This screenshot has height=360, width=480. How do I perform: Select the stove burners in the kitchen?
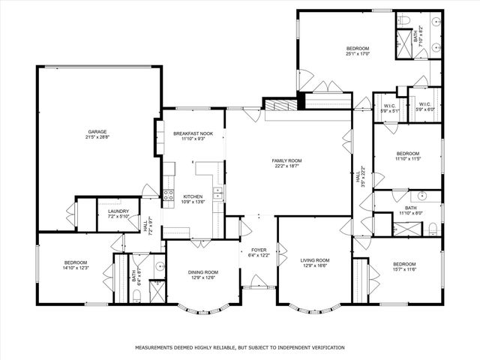click(170, 181)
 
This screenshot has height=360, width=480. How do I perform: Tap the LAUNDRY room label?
click(118, 211)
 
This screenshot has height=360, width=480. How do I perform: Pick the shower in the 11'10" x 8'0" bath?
click(383, 223)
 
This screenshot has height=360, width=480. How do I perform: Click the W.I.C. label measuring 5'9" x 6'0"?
click(424, 104)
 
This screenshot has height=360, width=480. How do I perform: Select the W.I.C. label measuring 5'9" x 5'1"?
click(390, 106)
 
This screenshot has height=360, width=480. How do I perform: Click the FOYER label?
click(258, 250)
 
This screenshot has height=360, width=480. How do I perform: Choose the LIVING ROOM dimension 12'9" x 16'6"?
click(315, 265)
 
